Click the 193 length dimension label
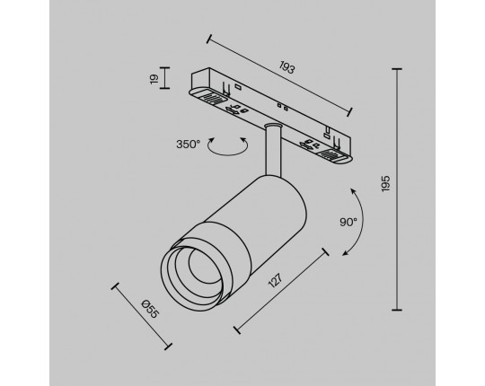[287, 67]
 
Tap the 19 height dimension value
[154, 78]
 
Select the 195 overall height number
[385, 183]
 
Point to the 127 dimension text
[276, 280]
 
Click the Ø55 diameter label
[150, 309]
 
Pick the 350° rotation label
[189, 144]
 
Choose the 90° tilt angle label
[348, 222]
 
